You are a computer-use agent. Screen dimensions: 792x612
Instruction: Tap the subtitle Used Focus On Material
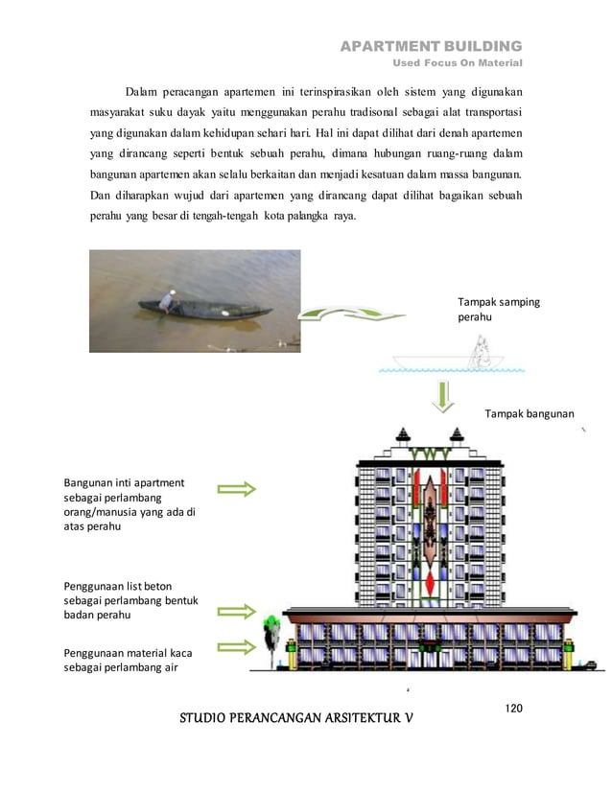tap(459, 64)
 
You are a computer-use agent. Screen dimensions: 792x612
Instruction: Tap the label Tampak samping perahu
tap(499, 309)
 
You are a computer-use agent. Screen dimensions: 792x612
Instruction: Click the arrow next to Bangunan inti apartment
tap(237, 489)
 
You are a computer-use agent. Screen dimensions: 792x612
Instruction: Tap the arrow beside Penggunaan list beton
tap(237, 611)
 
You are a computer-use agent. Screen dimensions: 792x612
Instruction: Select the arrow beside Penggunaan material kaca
tap(237, 647)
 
